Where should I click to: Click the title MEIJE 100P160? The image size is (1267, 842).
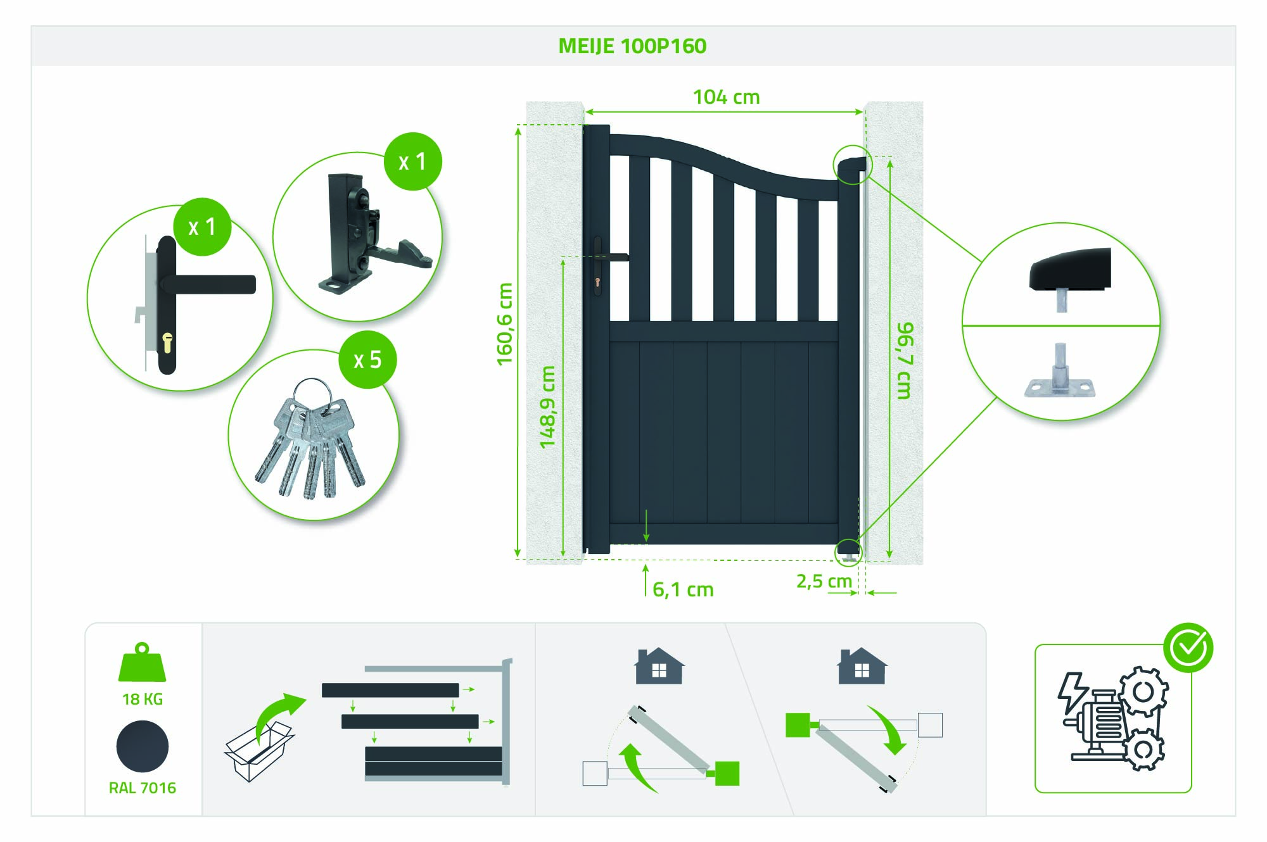[x=632, y=46]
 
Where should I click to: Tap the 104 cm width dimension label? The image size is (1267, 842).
[x=726, y=97]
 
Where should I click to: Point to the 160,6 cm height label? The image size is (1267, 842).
[x=504, y=324]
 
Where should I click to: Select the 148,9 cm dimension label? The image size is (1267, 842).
[x=547, y=407]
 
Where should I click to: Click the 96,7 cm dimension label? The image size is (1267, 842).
[x=905, y=360]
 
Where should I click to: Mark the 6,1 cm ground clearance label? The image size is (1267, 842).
[x=683, y=589]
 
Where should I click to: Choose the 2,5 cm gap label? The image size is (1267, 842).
[x=824, y=581]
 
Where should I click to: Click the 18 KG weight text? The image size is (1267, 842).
[x=143, y=699]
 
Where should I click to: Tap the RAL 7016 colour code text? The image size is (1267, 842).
[x=143, y=788]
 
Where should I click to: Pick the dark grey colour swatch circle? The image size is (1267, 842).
[x=143, y=746]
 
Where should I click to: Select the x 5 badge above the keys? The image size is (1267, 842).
[x=367, y=360]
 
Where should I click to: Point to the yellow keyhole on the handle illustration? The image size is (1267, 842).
[x=167, y=342]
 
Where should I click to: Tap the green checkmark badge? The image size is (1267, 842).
[x=1188, y=648]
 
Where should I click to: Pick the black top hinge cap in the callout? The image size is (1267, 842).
[x=1069, y=269]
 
